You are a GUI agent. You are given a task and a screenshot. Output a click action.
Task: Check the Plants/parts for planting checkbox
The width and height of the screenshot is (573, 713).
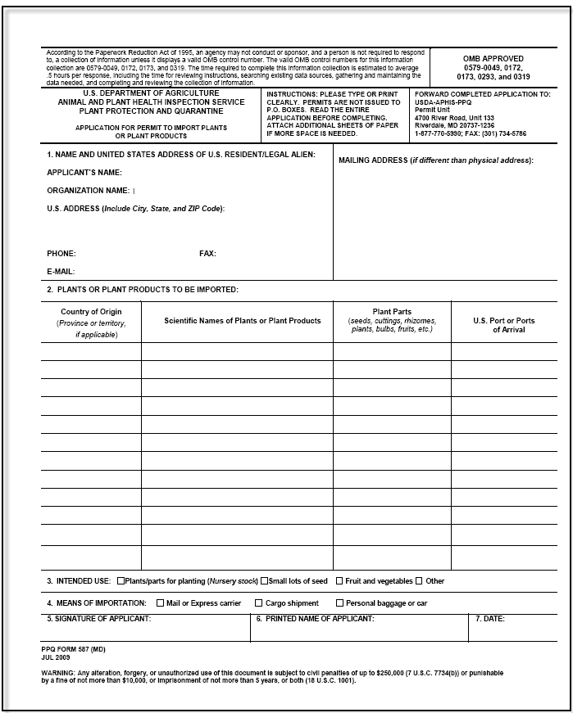coord(121,581)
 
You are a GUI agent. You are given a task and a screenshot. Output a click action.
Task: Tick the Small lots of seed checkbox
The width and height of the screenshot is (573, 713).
coord(265,581)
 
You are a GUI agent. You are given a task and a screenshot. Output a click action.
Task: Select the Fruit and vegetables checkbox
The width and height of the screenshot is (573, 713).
coord(339,581)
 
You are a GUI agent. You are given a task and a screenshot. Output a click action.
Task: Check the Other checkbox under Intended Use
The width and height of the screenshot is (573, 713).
coord(419,581)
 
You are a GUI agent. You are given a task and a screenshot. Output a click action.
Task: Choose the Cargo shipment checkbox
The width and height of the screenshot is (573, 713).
coord(258,603)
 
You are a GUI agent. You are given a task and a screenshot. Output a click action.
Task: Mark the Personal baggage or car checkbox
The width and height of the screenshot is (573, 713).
coord(339,603)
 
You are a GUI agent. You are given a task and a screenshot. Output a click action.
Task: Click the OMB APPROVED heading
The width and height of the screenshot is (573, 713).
coord(493,59)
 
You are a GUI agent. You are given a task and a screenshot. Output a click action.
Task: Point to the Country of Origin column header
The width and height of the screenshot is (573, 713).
coord(91,312)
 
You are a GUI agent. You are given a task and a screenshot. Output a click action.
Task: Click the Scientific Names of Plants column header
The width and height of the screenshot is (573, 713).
coord(243,321)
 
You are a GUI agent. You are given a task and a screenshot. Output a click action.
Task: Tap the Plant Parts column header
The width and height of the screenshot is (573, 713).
coord(392,312)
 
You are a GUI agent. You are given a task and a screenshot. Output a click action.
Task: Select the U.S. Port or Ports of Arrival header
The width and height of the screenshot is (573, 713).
coord(503,325)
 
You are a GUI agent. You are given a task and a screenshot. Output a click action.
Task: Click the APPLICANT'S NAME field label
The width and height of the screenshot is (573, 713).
coord(84,173)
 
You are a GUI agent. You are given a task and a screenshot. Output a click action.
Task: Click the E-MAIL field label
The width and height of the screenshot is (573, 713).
coord(61,271)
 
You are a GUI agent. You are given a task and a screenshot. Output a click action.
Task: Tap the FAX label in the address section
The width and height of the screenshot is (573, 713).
coord(207,254)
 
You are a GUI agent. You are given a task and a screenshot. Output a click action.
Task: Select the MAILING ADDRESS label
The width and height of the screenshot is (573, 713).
coord(373,160)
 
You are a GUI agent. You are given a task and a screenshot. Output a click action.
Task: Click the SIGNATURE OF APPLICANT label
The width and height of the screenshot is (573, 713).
coord(98,619)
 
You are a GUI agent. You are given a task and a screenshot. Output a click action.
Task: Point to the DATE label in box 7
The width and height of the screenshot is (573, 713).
coord(490,619)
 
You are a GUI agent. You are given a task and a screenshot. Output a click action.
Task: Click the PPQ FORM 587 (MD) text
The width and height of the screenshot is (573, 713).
coord(73,648)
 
